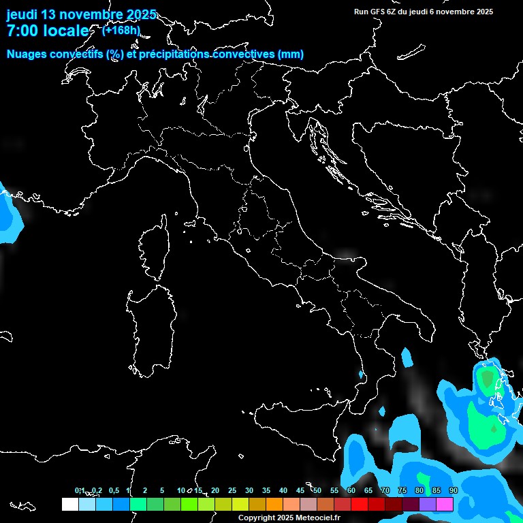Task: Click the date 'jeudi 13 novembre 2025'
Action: coord(81,14)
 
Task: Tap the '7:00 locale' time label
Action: coord(48,31)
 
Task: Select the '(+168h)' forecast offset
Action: coord(121,30)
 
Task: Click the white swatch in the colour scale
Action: coord(70,504)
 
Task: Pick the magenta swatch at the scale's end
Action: coord(445,504)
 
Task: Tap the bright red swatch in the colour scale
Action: coord(360,504)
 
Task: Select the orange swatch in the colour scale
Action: coord(274,504)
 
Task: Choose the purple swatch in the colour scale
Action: coord(428,504)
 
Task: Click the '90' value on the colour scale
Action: coord(453,491)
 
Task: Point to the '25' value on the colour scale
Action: coord(232,491)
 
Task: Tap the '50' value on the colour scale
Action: coord(317,491)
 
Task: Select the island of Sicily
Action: coord(293,422)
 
